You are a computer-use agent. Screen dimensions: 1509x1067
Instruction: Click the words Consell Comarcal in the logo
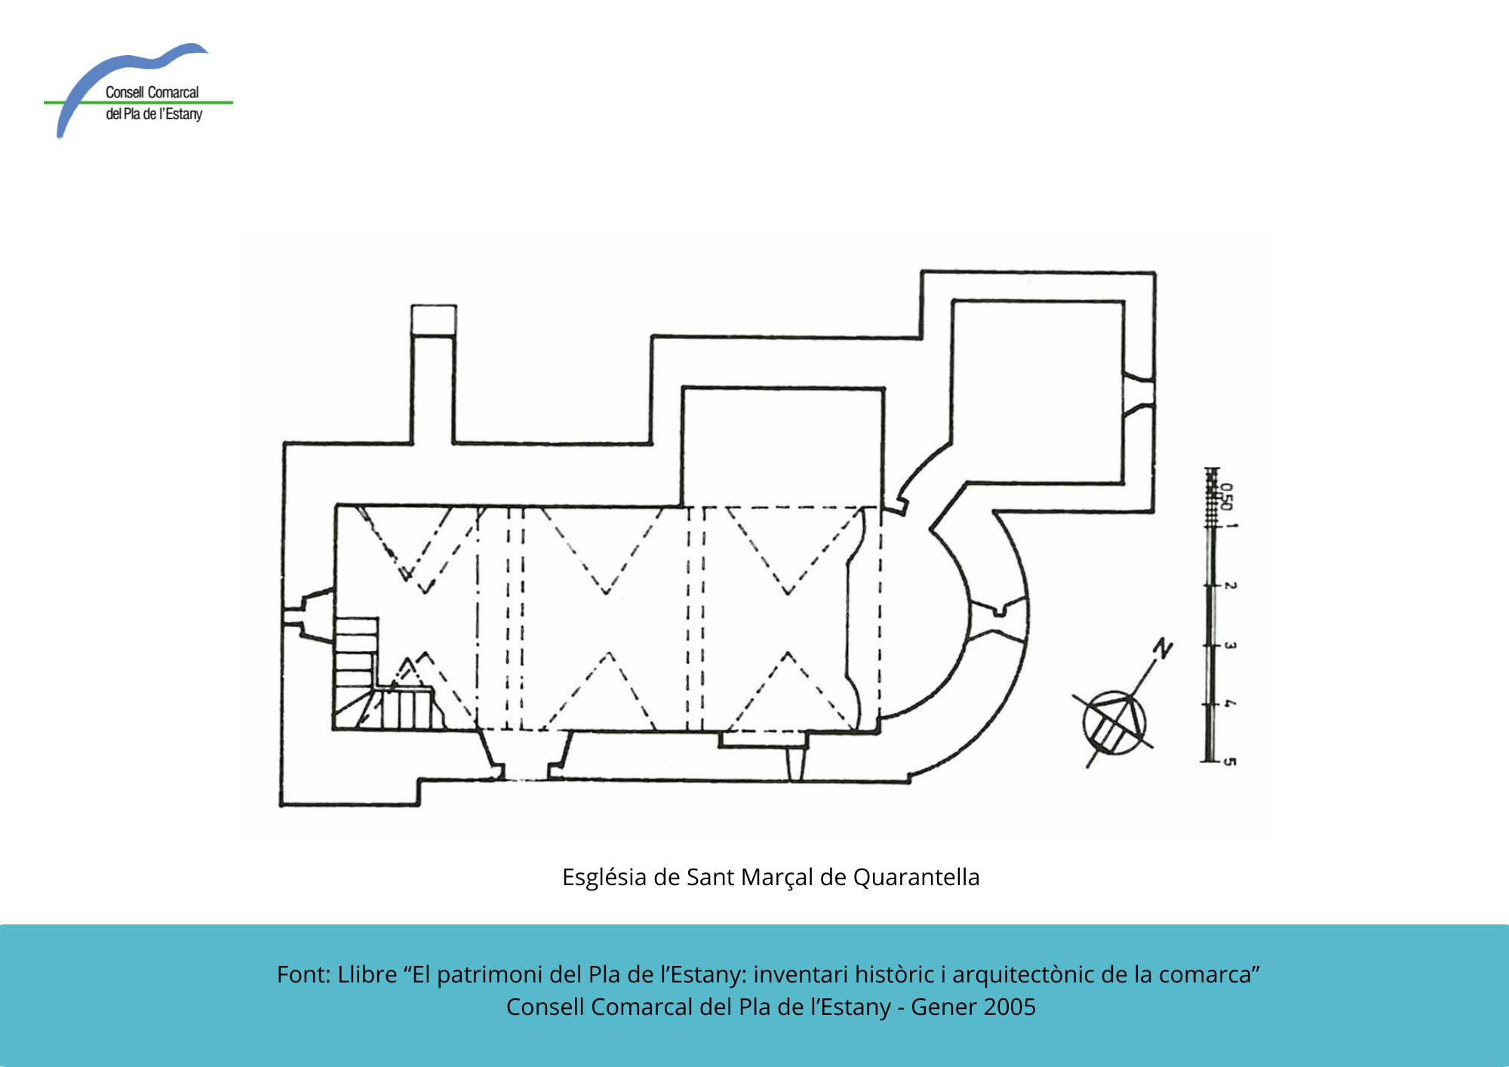point(152,92)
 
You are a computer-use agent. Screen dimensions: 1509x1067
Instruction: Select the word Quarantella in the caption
point(916,878)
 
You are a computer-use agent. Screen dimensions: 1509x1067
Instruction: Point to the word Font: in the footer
point(304,974)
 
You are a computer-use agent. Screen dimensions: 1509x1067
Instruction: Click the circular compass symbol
point(1114,722)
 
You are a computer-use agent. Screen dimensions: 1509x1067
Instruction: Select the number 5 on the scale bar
point(1230,761)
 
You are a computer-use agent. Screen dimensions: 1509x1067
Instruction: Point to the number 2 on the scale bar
point(1230,585)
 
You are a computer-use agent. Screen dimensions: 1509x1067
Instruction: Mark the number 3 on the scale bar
point(1230,645)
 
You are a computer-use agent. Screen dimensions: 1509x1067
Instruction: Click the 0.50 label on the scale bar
point(1227,497)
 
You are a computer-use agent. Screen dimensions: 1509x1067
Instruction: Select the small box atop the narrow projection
point(434,320)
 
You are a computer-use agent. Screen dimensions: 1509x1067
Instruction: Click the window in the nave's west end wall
point(308,615)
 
